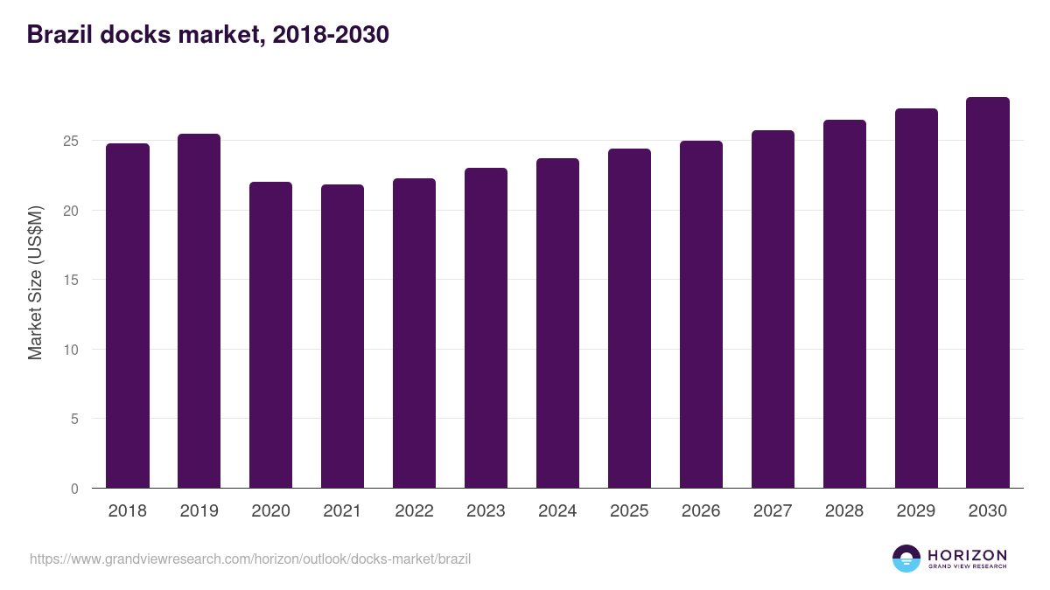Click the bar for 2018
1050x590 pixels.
[x=128, y=316]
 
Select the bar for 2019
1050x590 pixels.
[x=199, y=311]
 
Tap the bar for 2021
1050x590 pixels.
[x=342, y=337]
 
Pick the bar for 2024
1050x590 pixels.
[x=557, y=323]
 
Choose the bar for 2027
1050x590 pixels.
[x=773, y=309]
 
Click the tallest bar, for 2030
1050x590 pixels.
[x=988, y=293]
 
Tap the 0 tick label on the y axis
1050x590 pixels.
[x=74, y=489]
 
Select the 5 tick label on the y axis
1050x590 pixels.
[x=74, y=419]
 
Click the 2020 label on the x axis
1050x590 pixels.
[x=270, y=511]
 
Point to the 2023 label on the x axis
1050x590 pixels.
[x=486, y=511]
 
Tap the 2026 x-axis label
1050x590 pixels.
[x=701, y=511]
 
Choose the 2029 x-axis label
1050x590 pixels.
[x=916, y=511]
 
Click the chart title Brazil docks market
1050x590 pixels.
[x=207, y=34]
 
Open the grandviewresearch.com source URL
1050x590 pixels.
[x=250, y=559]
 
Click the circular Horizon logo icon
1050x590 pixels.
[x=906, y=559]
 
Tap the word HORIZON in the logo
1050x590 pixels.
[x=967, y=555]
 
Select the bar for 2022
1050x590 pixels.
[x=414, y=333]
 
